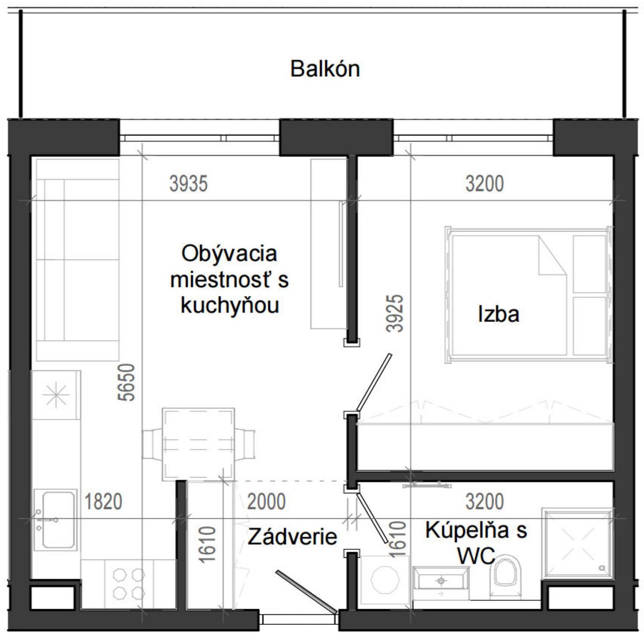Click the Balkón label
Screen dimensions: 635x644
pyautogui.click(x=325, y=69)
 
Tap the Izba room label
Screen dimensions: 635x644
pyautogui.click(x=498, y=314)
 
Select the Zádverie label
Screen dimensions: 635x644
pyautogui.click(x=292, y=536)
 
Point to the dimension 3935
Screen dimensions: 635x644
pyautogui.click(x=189, y=184)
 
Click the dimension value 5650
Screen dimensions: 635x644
pyautogui.click(x=127, y=382)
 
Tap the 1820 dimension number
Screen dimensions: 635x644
pyautogui.click(x=103, y=501)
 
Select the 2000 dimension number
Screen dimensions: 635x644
pyautogui.click(x=266, y=501)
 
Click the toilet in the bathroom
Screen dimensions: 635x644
pyautogui.click(x=505, y=574)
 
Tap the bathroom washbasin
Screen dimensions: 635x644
pyautogui.click(x=441, y=581)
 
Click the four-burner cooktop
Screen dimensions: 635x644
pyautogui.click(x=128, y=583)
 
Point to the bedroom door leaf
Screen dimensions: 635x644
pyautogui.click(x=374, y=382)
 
